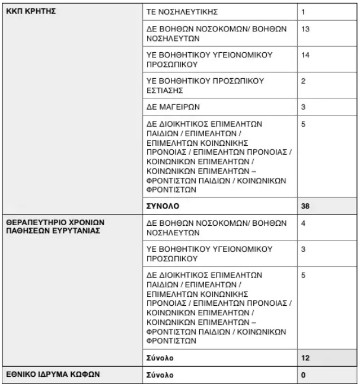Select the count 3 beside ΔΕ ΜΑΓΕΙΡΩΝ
click(x=304, y=107)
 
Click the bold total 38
click(x=305, y=207)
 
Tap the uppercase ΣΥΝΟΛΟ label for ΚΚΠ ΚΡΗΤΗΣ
click(x=163, y=207)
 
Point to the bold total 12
click(x=305, y=359)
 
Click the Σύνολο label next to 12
click(x=160, y=359)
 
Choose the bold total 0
click(x=303, y=375)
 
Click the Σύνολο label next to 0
click(x=160, y=375)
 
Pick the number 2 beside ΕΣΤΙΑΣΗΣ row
click(x=304, y=81)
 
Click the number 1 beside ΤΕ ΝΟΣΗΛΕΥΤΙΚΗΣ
click(x=303, y=12)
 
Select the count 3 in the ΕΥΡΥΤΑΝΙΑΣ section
click(x=304, y=249)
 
